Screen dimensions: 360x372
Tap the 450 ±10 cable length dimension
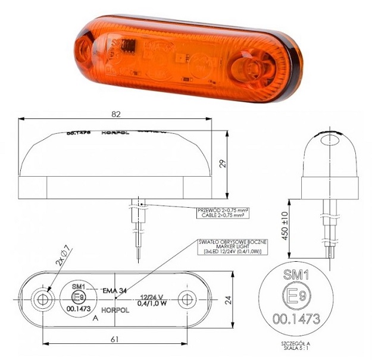pyautogui.click(x=284, y=223)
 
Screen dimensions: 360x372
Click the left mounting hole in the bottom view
pyautogui.click(x=42, y=299)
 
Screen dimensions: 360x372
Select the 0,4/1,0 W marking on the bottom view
pyautogui.click(x=151, y=303)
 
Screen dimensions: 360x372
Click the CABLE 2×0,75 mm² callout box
pyautogui.click(x=223, y=212)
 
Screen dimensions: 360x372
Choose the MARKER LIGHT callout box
pyautogui.click(x=235, y=246)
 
